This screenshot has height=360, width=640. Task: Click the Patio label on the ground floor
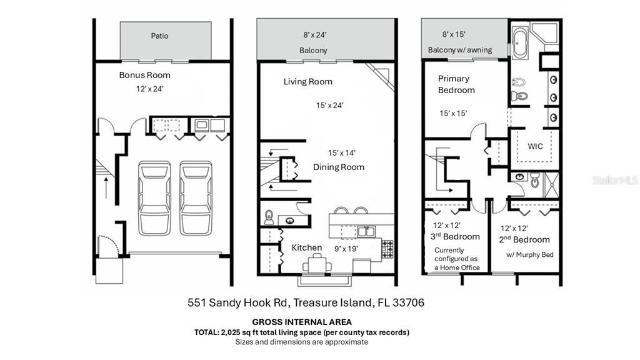pyautogui.click(x=159, y=36)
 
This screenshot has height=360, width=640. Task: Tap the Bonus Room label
pyautogui.click(x=144, y=75)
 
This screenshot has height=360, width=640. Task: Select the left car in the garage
pyautogui.click(x=154, y=197)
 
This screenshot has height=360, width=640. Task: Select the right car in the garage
pyautogui.click(x=196, y=197)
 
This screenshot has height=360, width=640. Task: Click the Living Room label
pyautogui.click(x=307, y=82)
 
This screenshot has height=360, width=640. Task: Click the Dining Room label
pyautogui.click(x=338, y=167)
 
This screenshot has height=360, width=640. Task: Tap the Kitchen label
pyautogui.click(x=307, y=247)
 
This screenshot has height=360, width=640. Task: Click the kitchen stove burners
pyautogui.click(x=387, y=248)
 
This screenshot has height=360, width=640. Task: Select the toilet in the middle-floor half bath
pyautogui.click(x=269, y=217)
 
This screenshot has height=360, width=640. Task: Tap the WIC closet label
pyautogui.click(x=535, y=146)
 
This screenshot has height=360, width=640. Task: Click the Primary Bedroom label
pyautogui.click(x=456, y=84)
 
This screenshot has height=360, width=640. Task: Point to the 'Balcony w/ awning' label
pyautogui.click(x=460, y=50)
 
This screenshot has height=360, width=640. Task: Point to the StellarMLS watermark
pyautogui.click(x=615, y=180)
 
